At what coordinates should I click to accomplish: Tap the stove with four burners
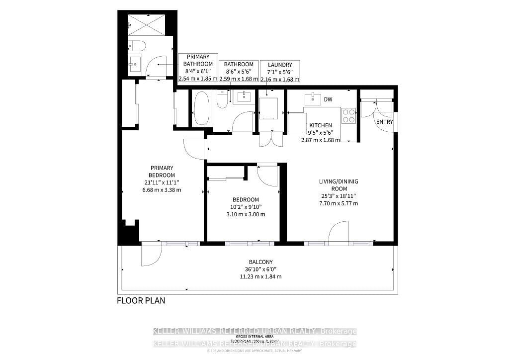point(349,116)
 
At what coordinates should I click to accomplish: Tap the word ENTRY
point(384,122)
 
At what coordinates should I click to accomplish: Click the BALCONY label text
point(261,262)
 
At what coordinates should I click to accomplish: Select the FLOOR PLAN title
point(141,300)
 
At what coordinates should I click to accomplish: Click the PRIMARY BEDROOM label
point(162,172)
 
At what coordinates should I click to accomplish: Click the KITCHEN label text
point(320,125)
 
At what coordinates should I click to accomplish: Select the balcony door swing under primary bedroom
point(151,255)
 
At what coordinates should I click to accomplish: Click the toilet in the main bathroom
point(222,101)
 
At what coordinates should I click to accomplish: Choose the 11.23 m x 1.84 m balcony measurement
point(261,277)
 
